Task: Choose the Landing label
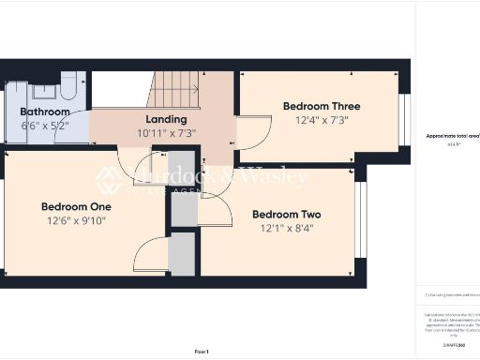tap(165, 120)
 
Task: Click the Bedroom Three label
tap(322, 107)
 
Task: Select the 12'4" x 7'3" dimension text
tap(322, 120)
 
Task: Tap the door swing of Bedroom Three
tap(251, 132)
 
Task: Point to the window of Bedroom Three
tap(405, 115)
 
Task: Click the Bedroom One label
tap(76, 206)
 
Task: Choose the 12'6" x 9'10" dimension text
tap(76, 220)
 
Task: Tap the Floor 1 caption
tap(202, 351)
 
